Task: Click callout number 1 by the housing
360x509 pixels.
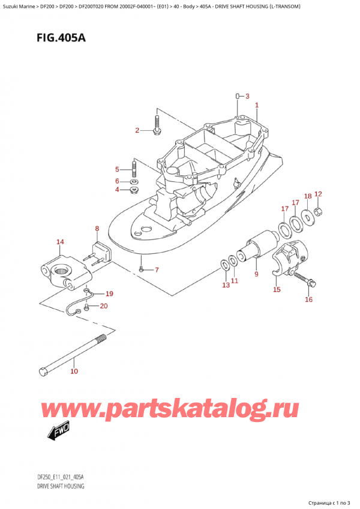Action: (x=257, y=106)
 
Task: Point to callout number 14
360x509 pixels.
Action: (x=59, y=242)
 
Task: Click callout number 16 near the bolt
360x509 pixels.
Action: (x=308, y=300)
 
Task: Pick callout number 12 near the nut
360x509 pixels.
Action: (x=319, y=194)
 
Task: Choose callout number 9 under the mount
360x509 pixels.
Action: (x=256, y=274)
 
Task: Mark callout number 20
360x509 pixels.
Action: (x=104, y=307)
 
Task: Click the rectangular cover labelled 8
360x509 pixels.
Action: (x=100, y=252)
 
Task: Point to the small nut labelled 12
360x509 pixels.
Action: (x=320, y=211)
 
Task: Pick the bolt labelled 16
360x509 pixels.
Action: (x=310, y=281)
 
